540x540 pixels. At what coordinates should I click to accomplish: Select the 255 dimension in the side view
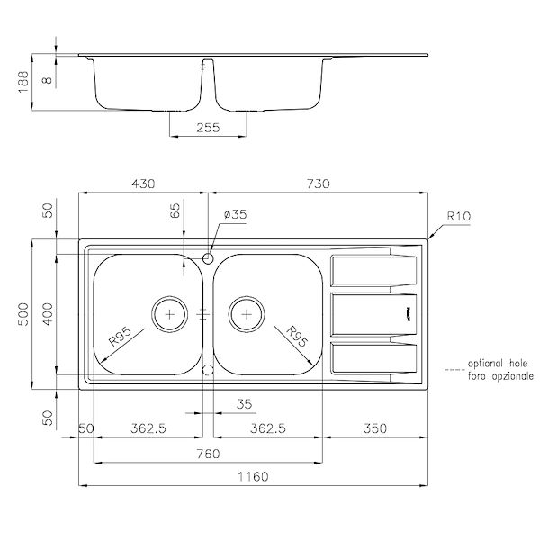pos(208,129)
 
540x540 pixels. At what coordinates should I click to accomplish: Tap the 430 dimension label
pos(144,184)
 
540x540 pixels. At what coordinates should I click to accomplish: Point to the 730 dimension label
pos(317,184)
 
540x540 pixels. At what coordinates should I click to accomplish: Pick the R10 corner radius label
pos(458,216)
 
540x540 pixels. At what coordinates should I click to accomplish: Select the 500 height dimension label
pos(25,313)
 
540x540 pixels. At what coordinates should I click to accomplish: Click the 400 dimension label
pos(49,313)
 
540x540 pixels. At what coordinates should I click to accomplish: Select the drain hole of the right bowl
pos(245,313)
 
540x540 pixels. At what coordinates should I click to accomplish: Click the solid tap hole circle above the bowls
pos(208,258)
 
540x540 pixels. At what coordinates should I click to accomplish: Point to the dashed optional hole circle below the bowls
pos(208,370)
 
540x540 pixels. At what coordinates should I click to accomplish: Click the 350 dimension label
pos(373,428)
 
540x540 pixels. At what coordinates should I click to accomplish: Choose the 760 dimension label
pos(208,454)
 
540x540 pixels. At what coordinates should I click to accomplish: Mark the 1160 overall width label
pos(252,476)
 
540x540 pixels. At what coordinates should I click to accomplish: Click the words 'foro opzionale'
pos(500,375)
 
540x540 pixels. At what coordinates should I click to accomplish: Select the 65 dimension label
pos(175,213)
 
